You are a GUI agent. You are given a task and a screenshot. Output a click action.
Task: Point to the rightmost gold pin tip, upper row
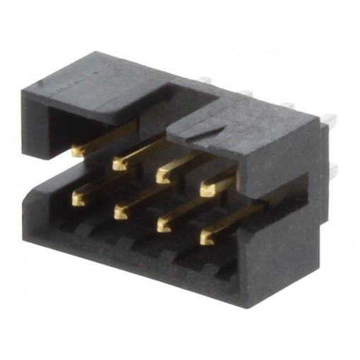[207, 189]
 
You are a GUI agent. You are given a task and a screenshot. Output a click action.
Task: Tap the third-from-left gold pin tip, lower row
[163, 224]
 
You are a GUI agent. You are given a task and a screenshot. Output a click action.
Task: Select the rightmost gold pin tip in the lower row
[206, 238]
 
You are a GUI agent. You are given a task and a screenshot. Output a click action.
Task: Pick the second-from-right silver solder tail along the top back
[286, 105]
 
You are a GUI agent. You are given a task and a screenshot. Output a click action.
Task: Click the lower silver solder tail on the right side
[331, 169]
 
